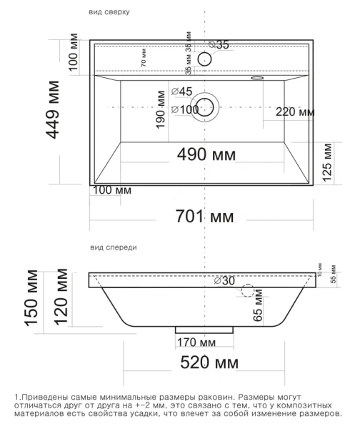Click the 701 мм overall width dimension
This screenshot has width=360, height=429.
(x=205, y=215)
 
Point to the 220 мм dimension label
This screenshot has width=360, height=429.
(x=294, y=112)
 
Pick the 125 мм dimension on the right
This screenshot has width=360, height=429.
(x=326, y=163)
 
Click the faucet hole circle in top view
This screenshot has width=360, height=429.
(x=206, y=59)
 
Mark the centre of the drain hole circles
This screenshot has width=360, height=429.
(x=206, y=107)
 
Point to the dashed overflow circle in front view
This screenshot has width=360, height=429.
(x=247, y=291)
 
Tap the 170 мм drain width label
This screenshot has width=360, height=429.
(x=197, y=340)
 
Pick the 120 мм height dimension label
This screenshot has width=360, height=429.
(x=62, y=297)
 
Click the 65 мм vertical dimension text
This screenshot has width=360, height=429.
(x=258, y=308)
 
